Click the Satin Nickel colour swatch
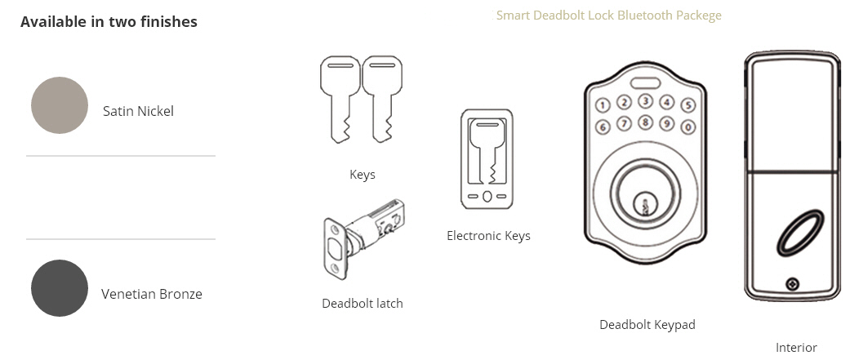click(x=60, y=105)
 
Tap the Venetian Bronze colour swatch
click(x=60, y=288)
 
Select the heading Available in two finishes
click(x=109, y=22)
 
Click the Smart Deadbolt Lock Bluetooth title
click(x=608, y=16)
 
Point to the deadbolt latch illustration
click(x=363, y=236)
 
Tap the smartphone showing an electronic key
click(x=487, y=159)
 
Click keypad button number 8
click(x=646, y=122)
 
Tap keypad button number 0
click(x=688, y=127)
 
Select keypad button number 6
click(x=603, y=127)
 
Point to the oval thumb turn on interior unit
click(x=795, y=233)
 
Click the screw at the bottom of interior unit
click(x=792, y=284)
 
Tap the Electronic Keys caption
click(x=488, y=236)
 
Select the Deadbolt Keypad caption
click(x=647, y=325)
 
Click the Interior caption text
click(x=795, y=348)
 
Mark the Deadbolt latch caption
click(x=363, y=304)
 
